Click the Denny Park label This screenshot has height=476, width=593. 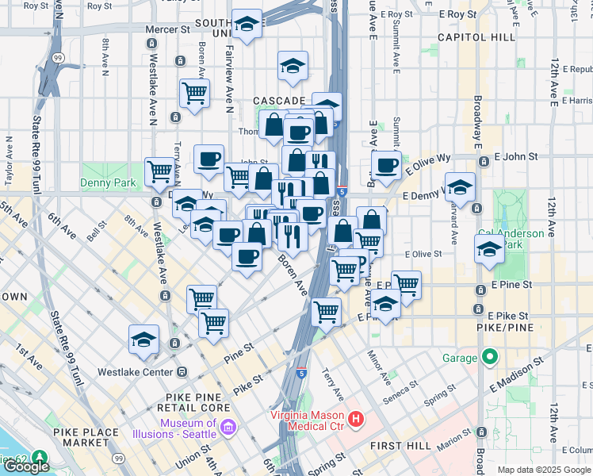pyautogui.click(x=108, y=183)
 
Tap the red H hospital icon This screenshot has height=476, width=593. pyautogui.click(x=356, y=418)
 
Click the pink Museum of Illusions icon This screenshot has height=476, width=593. pyautogui.click(x=228, y=428)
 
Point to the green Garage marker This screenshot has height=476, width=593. pyautogui.click(x=491, y=357)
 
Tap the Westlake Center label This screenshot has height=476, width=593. pyautogui.click(x=134, y=371)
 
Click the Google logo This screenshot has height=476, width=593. pyautogui.click(x=26, y=466)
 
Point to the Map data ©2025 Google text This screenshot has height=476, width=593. pyautogui.click(x=544, y=470)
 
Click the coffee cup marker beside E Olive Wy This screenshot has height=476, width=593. pyautogui.click(x=386, y=165)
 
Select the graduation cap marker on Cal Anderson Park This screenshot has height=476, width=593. pyautogui.click(x=489, y=248)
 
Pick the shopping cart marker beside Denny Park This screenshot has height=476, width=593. pyautogui.click(x=160, y=170)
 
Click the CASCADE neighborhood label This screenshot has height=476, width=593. pyautogui.click(x=279, y=101)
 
